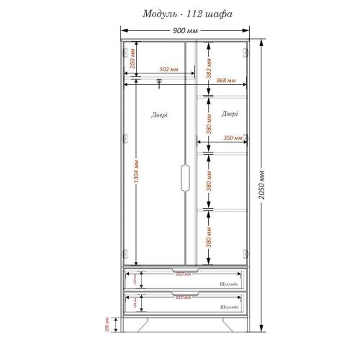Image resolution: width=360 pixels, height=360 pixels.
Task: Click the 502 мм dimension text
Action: point(168,69)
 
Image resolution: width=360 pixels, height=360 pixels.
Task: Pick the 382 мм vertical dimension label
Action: point(208,68)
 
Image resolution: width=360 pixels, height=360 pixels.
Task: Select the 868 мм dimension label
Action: point(226,81)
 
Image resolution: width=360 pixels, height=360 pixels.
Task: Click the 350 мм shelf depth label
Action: point(232,138)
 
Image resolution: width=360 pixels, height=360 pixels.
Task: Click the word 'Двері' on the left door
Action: point(160,114)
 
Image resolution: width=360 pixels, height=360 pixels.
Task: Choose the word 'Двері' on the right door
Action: point(230,113)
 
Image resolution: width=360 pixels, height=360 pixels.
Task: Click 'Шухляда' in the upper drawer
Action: point(230,284)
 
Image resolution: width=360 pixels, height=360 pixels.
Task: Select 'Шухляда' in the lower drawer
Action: point(230,307)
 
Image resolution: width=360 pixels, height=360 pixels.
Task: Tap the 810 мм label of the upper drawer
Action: point(184,274)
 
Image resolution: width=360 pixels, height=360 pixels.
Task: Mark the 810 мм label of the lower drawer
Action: point(184,297)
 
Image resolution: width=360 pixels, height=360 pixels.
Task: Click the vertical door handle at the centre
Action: point(185,179)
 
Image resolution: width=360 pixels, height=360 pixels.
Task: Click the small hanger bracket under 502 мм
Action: point(158,84)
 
